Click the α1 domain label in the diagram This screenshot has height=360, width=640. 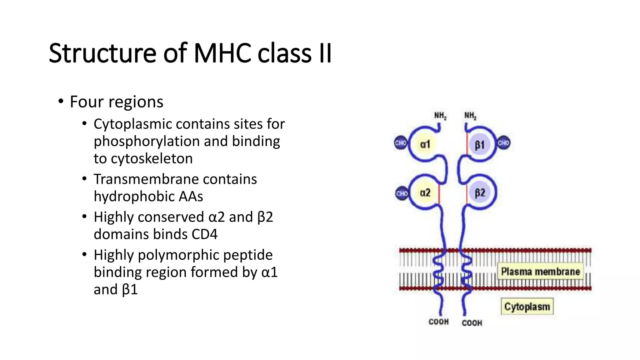(x=425, y=144)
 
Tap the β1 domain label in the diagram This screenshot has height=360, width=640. (x=480, y=145)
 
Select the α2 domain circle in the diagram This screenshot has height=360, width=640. (x=425, y=193)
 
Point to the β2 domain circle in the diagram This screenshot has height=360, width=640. (x=480, y=193)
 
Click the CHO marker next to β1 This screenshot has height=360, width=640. (x=503, y=143)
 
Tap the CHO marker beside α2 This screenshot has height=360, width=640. (x=402, y=194)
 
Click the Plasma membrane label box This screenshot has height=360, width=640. (x=540, y=271)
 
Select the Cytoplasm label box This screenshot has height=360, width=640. (x=527, y=307)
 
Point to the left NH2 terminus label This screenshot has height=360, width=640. (x=440, y=116)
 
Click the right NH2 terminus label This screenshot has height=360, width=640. (x=470, y=116)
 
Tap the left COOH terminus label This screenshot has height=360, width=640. (x=438, y=322)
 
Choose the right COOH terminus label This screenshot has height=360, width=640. (x=472, y=323)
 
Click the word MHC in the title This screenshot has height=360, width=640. (x=222, y=53)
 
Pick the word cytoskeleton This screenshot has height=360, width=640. (x=152, y=159)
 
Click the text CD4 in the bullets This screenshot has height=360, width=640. (x=204, y=234)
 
